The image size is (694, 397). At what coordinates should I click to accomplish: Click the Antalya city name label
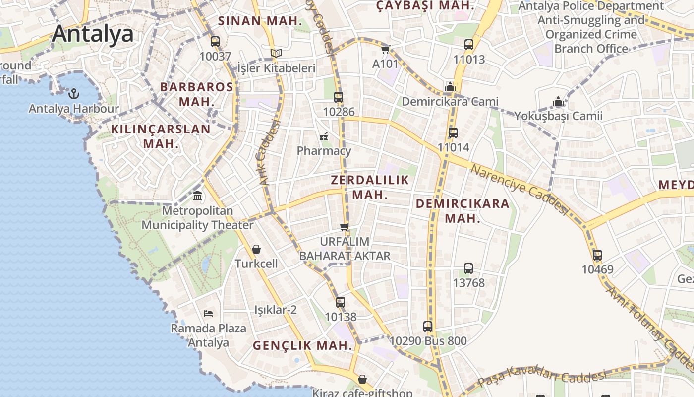(x=93, y=34)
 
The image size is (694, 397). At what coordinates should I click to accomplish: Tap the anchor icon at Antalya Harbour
(x=74, y=93)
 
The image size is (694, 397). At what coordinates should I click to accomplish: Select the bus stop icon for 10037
(x=215, y=42)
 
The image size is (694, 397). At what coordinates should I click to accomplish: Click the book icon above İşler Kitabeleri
(x=276, y=53)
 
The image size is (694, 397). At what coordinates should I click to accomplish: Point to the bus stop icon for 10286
(x=339, y=97)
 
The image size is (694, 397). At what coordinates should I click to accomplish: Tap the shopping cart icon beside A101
(x=385, y=49)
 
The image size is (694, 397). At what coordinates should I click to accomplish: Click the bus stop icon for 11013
(x=469, y=45)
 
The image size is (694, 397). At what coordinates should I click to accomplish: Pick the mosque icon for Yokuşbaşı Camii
(x=558, y=102)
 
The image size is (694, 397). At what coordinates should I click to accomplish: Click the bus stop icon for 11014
(x=453, y=133)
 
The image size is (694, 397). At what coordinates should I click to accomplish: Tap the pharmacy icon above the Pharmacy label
(x=324, y=136)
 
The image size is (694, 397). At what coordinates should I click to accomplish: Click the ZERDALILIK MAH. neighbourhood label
(x=370, y=187)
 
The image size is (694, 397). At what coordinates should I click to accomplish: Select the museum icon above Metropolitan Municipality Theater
(x=197, y=196)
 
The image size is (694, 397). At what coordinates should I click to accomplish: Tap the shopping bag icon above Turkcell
(x=256, y=249)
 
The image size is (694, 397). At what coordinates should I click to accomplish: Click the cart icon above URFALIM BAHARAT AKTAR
(x=345, y=227)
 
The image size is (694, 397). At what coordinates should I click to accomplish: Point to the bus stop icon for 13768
(x=468, y=268)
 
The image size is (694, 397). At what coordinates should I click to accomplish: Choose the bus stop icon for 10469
(x=597, y=255)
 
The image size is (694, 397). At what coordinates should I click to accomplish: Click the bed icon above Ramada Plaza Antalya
(x=208, y=313)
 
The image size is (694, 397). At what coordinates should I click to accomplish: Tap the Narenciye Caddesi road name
(x=519, y=190)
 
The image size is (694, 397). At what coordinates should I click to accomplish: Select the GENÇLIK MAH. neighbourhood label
(x=302, y=345)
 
